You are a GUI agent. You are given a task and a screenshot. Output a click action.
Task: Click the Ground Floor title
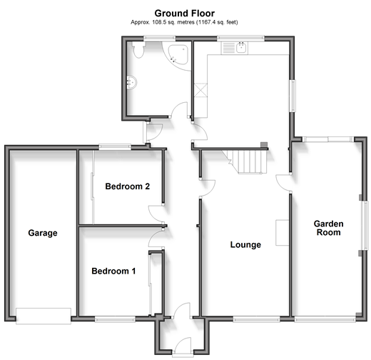[x=184, y=14]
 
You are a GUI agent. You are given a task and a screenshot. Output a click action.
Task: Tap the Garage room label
[x=43, y=233]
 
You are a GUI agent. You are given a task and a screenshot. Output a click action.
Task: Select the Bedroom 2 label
[x=128, y=186]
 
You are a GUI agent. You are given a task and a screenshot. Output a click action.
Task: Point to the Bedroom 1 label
[x=113, y=271]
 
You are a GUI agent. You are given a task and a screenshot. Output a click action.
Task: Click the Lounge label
[x=245, y=245]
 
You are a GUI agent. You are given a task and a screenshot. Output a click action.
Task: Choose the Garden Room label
[x=328, y=228]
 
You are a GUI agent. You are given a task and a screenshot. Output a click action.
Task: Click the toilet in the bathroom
[x=138, y=50]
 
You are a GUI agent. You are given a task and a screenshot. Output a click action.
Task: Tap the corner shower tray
[x=178, y=54]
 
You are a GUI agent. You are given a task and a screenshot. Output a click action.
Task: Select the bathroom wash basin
[x=131, y=82]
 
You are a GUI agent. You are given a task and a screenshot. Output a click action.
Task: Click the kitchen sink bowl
[x=242, y=48]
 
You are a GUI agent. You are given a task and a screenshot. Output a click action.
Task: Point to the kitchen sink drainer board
[x=228, y=48]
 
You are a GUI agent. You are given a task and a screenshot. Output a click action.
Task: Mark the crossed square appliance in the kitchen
[x=200, y=90]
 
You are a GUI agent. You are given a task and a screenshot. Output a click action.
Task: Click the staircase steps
[x=245, y=162]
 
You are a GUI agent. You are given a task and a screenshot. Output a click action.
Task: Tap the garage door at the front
[x=44, y=316]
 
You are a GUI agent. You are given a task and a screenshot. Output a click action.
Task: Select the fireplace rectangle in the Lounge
[x=282, y=233]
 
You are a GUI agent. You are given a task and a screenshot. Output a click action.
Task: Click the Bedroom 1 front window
[x=115, y=319]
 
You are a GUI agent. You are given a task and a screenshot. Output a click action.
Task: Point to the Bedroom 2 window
[x=115, y=146]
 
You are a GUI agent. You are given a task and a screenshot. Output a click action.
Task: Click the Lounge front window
[x=256, y=319]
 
